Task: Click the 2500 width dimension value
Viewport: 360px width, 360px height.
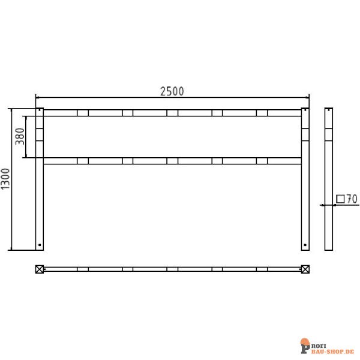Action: pyautogui.click(x=172, y=91)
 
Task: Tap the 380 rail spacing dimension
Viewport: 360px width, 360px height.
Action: pyautogui.click(x=19, y=137)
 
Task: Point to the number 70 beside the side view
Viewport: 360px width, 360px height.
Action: pyautogui.click(x=352, y=199)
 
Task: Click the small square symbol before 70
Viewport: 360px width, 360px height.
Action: pyautogui.click(x=340, y=199)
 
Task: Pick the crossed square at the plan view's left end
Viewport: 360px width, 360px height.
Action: pyautogui.click(x=40, y=269)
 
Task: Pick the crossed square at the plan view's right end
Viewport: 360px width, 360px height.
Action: pyautogui.click(x=304, y=269)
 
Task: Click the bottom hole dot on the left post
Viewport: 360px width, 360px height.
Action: pyautogui.click(x=40, y=245)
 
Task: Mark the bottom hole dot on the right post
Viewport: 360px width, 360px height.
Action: pyautogui.click(x=304, y=245)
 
